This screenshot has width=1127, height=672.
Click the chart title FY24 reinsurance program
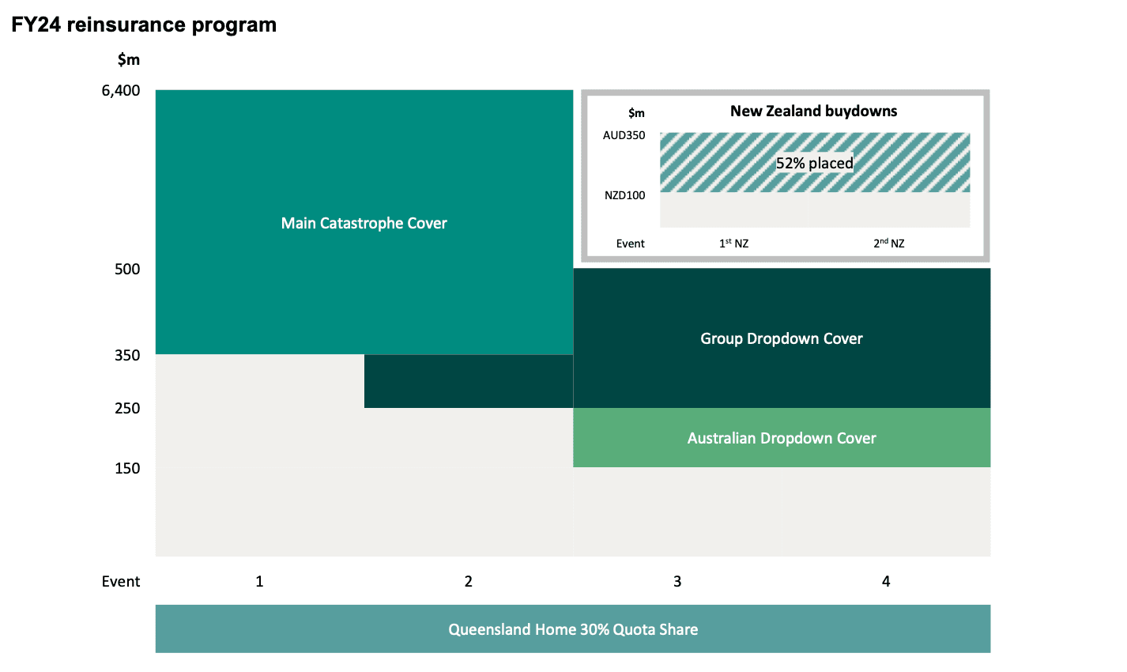144,25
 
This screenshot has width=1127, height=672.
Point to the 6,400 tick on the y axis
121,90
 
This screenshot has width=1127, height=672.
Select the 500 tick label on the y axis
127,270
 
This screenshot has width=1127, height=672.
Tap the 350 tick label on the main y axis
127,356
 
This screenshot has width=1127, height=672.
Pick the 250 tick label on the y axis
127,409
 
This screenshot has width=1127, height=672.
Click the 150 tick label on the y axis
127,469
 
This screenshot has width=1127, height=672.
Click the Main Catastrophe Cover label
364,224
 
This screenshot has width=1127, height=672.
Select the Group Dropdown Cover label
781,339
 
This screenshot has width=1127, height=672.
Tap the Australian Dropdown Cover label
781,439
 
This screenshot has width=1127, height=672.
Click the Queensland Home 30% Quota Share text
573,630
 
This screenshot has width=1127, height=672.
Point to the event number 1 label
259,582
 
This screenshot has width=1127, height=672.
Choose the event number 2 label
468,582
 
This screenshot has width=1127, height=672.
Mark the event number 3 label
677,582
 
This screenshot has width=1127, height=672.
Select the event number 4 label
886,582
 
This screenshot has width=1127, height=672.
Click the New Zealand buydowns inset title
813,111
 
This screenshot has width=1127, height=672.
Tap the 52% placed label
814,164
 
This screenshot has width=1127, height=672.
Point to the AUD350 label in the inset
624,136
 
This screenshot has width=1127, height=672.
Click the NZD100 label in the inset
624,196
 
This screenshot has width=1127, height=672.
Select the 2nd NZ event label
888,244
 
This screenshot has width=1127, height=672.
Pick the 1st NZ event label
733,244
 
